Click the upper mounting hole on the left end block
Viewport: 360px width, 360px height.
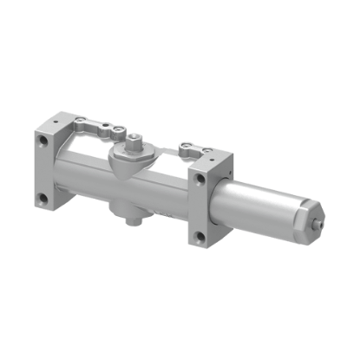click(x=39, y=140)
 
